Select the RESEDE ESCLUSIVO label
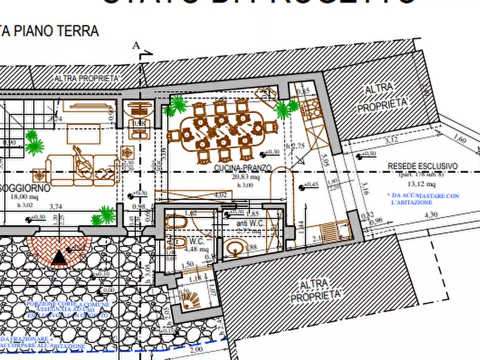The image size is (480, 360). pyautogui.click(x=422, y=167)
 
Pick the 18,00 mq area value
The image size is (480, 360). pyautogui.click(x=21, y=197)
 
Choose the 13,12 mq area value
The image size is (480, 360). pyautogui.click(x=424, y=184)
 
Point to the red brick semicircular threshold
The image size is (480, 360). pyautogui.click(x=59, y=247)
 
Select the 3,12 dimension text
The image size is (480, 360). pyautogui.click(x=393, y=140)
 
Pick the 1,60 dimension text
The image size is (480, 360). pyautogui.click(x=460, y=140)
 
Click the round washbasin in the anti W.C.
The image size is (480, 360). pyautogui.click(x=234, y=249)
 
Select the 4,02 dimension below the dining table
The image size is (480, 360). pyautogui.click(x=220, y=195)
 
